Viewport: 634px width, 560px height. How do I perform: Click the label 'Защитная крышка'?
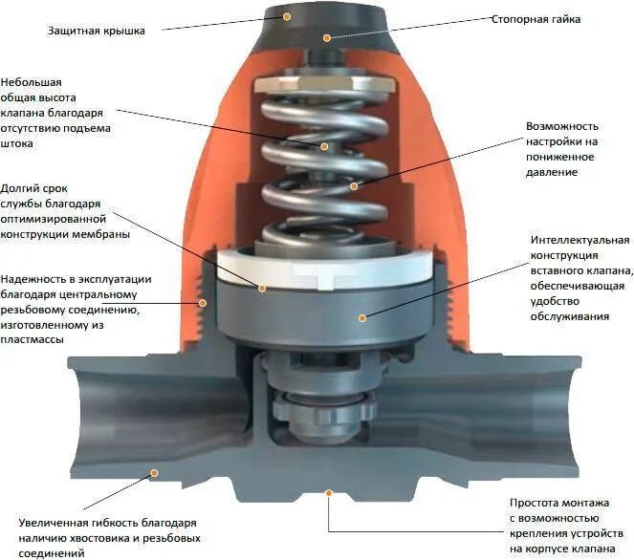(x=97, y=31)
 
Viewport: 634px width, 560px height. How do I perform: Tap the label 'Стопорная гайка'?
(x=536, y=19)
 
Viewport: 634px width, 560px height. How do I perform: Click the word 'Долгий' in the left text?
(x=20, y=188)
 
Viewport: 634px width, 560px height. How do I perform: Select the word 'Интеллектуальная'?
(x=579, y=239)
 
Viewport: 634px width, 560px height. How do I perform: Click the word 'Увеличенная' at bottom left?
(x=53, y=523)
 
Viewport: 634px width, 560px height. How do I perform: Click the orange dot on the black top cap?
(x=326, y=38)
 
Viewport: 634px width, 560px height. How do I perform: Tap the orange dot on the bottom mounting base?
(x=328, y=493)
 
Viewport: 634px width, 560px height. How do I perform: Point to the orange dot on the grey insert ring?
(x=361, y=317)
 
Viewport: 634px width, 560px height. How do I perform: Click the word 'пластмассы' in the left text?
(x=33, y=340)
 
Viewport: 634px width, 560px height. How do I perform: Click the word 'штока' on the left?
(x=17, y=144)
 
